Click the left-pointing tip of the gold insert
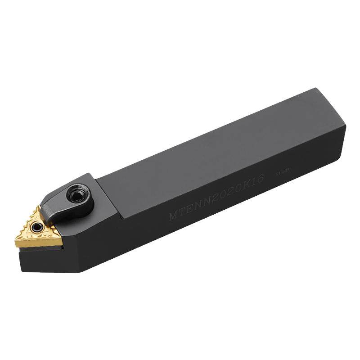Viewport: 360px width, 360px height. tap(17, 244)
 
